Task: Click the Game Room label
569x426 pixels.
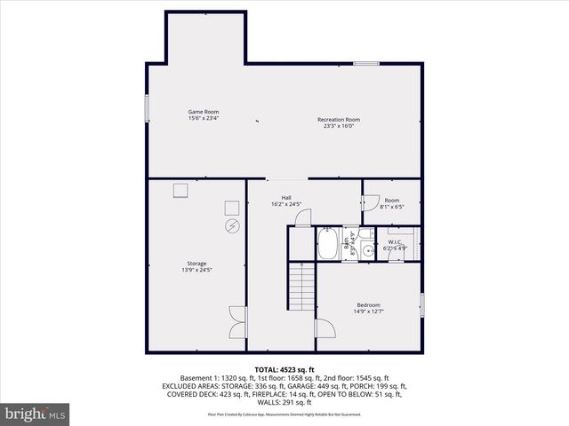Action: (x=203, y=112)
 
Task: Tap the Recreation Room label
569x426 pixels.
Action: (x=339, y=120)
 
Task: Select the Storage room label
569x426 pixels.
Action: (x=196, y=263)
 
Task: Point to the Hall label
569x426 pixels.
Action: (x=286, y=198)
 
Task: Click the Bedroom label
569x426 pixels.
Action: (x=369, y=304)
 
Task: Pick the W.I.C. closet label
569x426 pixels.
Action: (x=396, y=241)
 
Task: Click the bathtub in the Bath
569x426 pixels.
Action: (x=327, y=244)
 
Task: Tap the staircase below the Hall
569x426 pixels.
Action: (x=302, y=284)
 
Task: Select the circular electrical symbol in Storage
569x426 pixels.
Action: (x=232, y=226)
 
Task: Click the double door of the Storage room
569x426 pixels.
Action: (x=236, y=320)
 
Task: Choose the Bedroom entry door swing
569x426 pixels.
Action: (x=325, y=327)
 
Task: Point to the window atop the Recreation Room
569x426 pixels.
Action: (x=366, y=63)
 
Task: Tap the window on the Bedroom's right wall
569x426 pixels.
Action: (x=422, y=304)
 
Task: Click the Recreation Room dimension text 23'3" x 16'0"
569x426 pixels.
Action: (x=339, y=126)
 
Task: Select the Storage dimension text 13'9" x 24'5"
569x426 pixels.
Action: (x=196, y=270)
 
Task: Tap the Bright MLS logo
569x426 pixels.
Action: (x=36, y=414)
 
